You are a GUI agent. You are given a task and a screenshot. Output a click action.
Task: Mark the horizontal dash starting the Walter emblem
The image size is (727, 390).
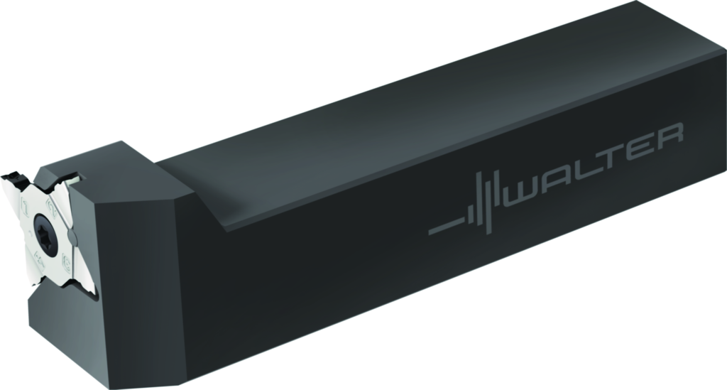pos(444,227)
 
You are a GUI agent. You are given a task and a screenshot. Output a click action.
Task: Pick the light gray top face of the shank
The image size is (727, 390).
pos(426,107)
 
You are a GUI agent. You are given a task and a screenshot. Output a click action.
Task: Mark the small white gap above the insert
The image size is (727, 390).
pos(77,178)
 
